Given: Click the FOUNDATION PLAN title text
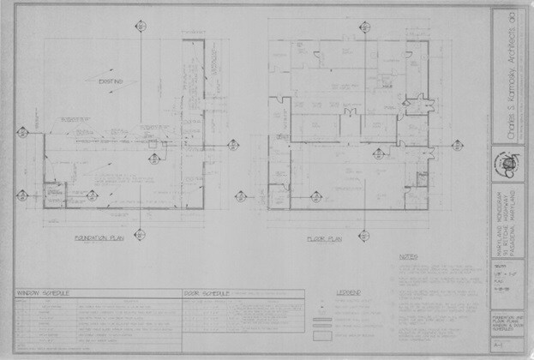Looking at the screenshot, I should (x=100, y=238).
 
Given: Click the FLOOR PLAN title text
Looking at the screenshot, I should (x=324, y=239).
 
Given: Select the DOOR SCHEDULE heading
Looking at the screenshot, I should (x=207, y=293).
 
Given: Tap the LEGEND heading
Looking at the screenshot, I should (x=349, y=292).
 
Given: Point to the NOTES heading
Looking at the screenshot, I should (x=408, y=255).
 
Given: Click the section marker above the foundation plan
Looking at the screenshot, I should (x=140, y=26).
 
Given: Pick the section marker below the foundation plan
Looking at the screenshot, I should (x=140, y=234).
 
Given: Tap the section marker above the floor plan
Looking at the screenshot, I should (x=364, y=26).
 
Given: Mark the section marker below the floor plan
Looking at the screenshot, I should (x=364, y=234).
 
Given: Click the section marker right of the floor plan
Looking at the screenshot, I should (x=454, y=144).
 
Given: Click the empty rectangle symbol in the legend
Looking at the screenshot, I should (x=322, y=338).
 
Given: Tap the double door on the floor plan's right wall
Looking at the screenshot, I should (x=419, y=104).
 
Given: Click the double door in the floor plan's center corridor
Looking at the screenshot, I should (x=348, y=112).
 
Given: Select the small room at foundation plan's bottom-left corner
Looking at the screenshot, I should (x=54, y=195).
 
